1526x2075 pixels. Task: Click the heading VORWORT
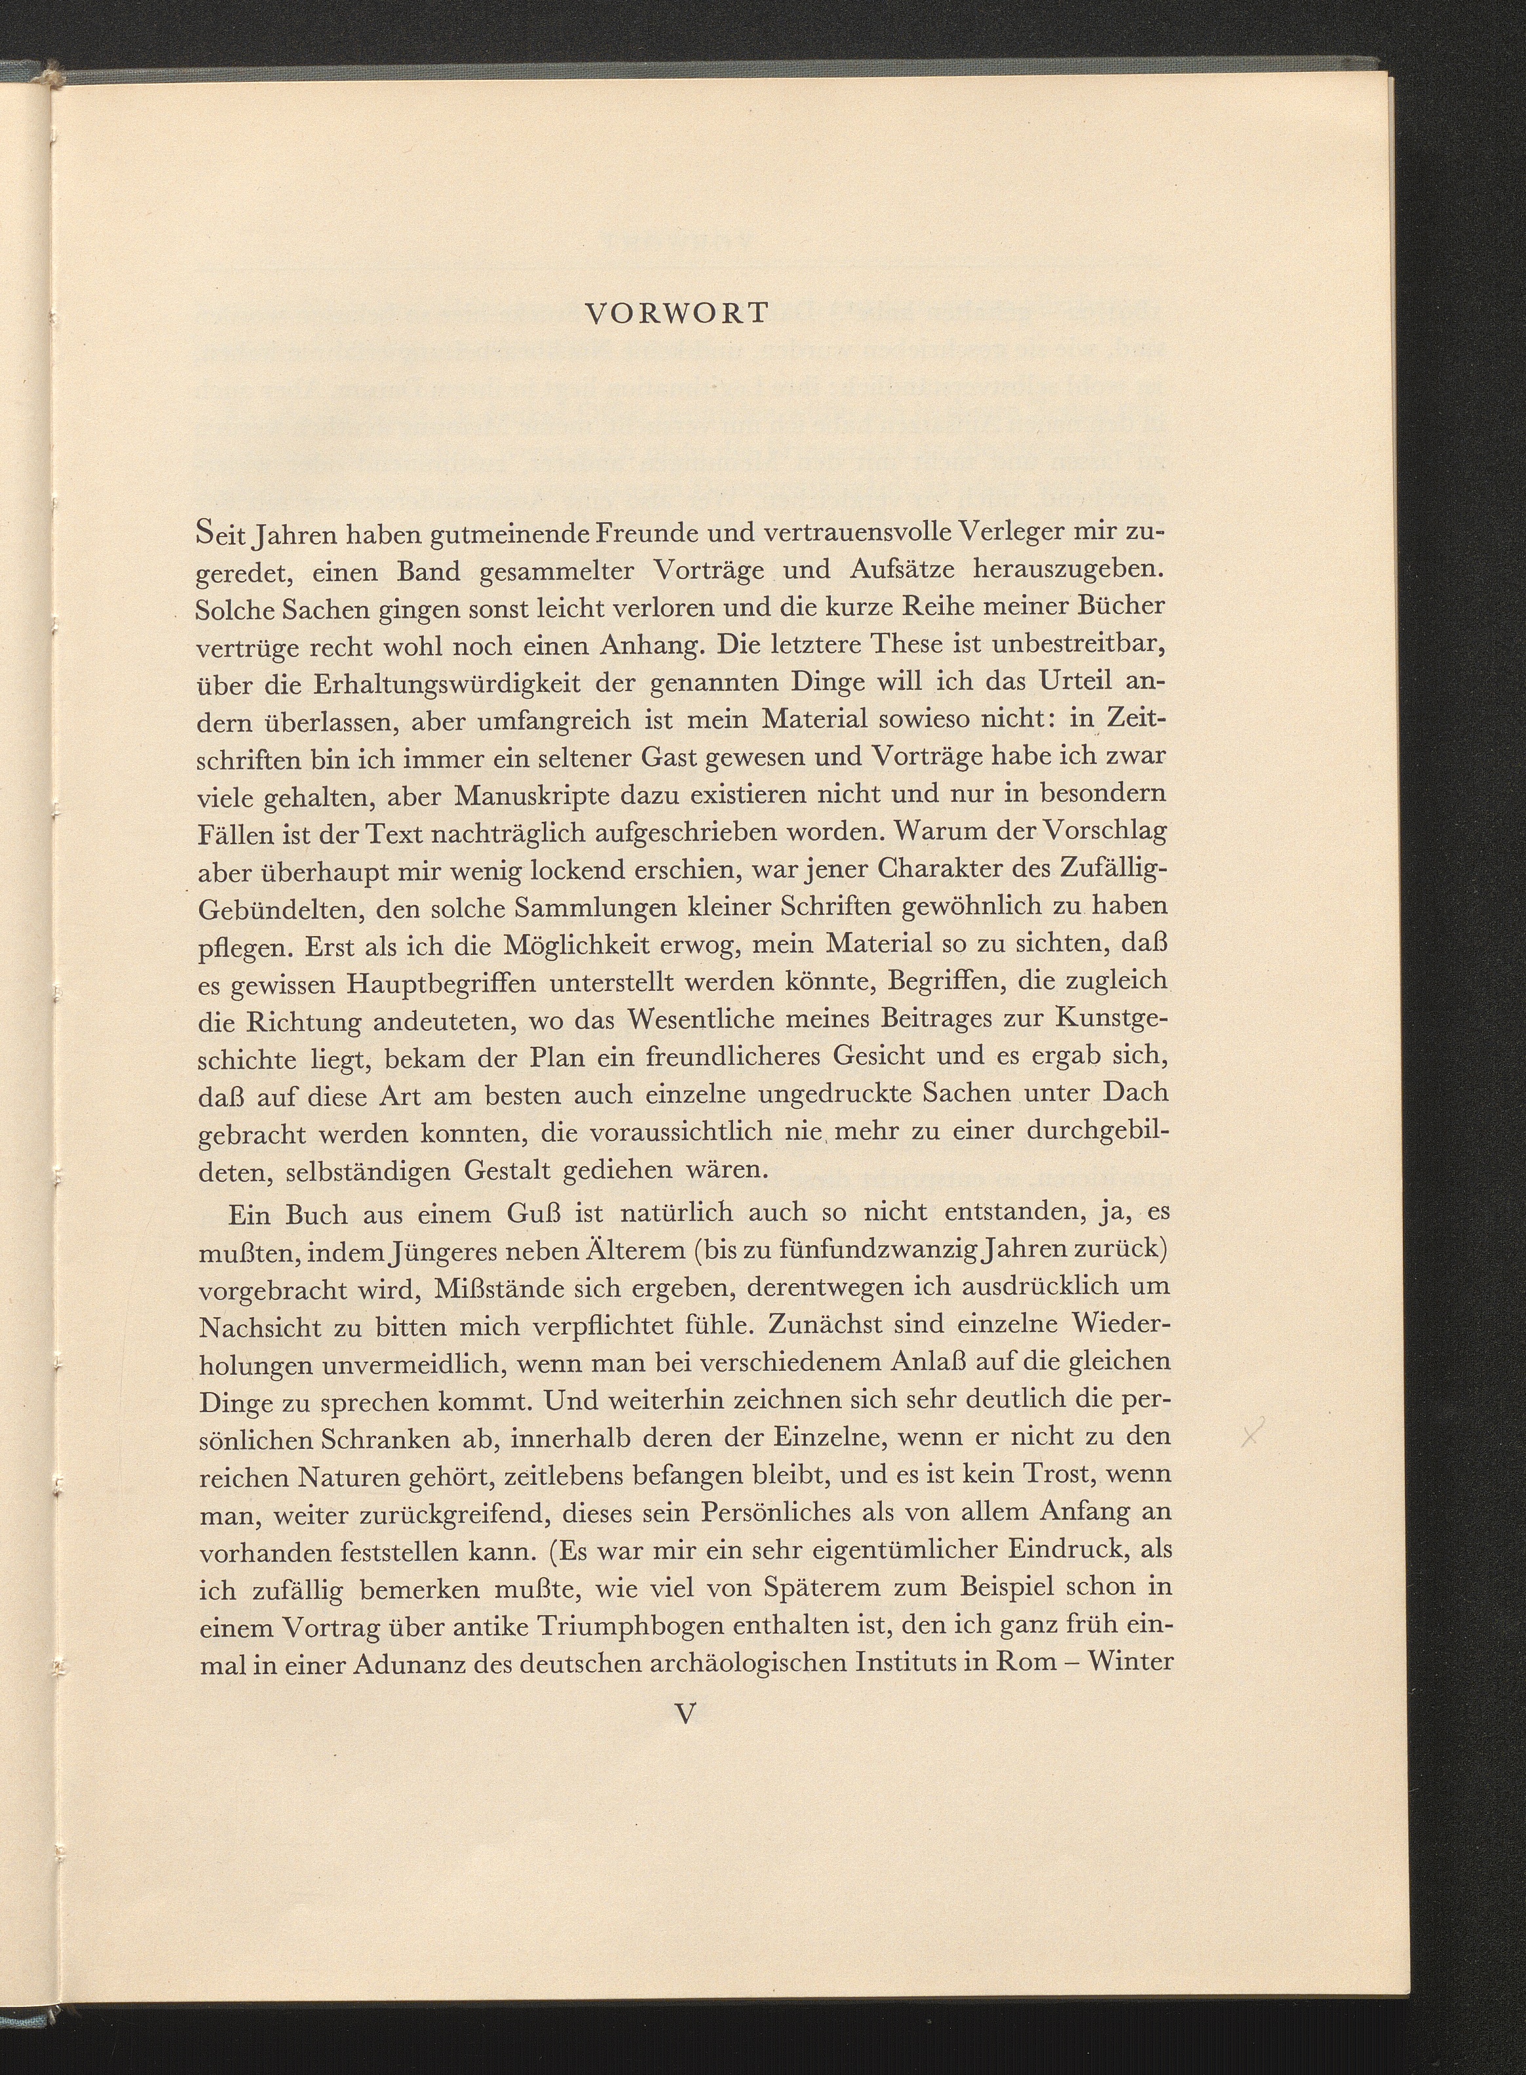677,314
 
